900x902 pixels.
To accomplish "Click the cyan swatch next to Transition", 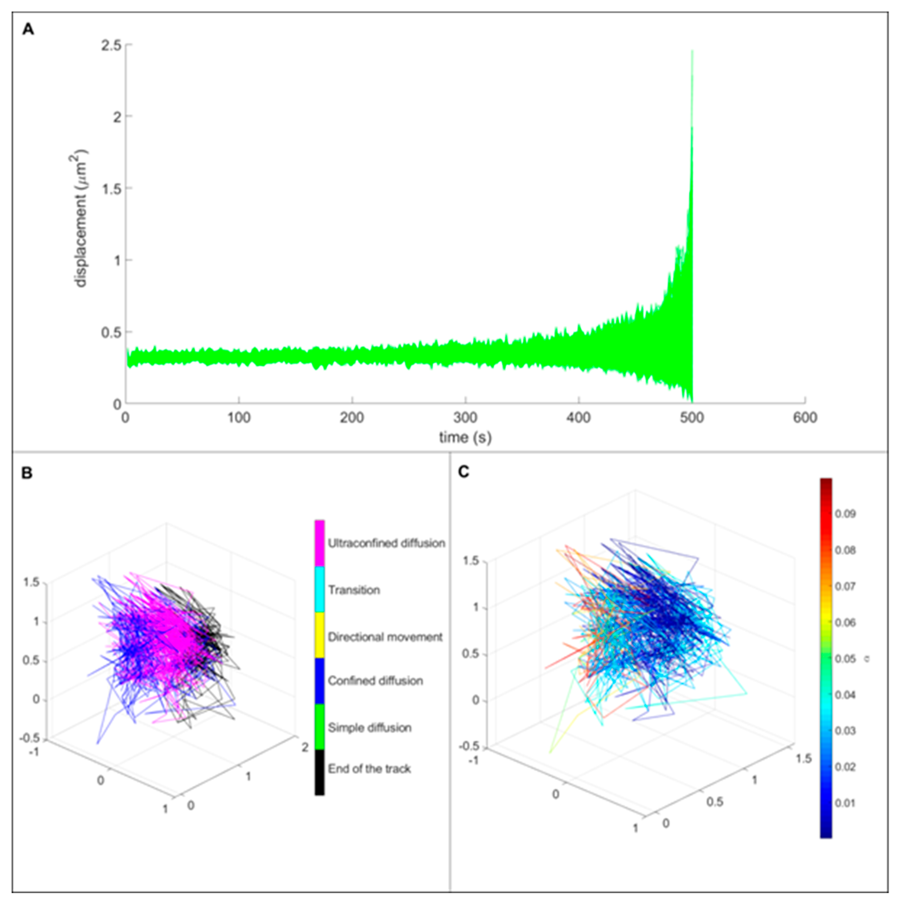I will tap(319, 590).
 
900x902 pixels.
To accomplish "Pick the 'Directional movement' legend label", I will tap(385, 637).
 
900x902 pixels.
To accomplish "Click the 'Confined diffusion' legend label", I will tap(375, 681).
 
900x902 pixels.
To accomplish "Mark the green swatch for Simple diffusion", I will tap(319, 727).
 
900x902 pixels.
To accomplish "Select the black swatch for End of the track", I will tap(319, 769).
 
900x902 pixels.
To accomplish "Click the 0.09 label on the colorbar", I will tap(845, 514).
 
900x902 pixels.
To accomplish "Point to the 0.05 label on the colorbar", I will tap(845, 659).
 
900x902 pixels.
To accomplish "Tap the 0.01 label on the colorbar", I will tap(845, 803).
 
